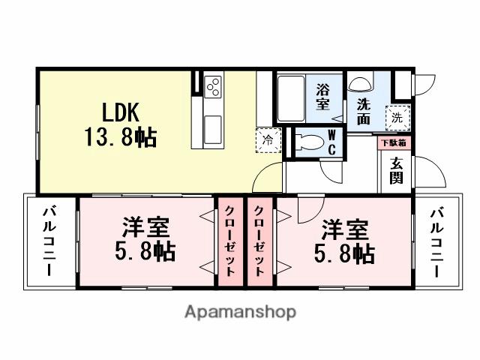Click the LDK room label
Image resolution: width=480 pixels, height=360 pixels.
tap(115, 112)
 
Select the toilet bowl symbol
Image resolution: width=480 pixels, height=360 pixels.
tap(307, 142)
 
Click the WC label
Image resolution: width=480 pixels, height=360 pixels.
tap(331, 141)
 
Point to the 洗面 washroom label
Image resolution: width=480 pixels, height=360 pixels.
tap(364, 110)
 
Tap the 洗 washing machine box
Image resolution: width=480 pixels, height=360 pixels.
tap(397, 116)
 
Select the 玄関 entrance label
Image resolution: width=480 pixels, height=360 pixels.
tap(397, 170)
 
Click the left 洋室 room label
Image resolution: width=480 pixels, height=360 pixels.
tap(147, 226)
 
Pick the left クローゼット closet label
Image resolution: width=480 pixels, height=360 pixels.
tap(231, 240)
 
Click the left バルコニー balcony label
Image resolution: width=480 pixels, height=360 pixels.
tap(49, 241)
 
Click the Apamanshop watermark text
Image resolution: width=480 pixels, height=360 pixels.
tap(239, 311)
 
